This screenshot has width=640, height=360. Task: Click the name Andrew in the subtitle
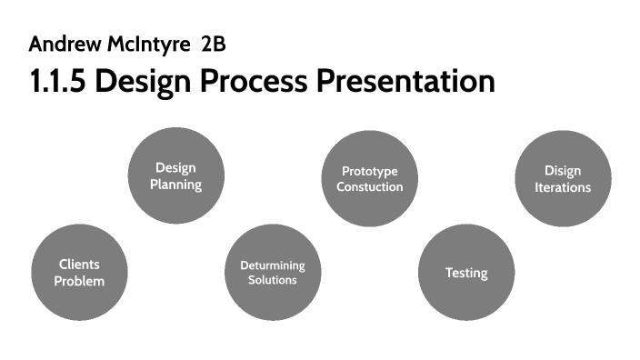click(x=61, y=43)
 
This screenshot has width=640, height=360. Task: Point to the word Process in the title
click(x=254, y=81)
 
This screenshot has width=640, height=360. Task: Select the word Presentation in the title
click(x=405, y=81)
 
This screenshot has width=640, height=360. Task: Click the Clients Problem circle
click(x=79, y=273)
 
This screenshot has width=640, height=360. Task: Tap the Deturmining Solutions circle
click(x=273, y=273)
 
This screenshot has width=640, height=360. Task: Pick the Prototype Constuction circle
click(x=369, y=178)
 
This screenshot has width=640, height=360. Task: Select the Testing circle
click(x=466, y=273)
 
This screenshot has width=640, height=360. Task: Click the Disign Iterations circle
click(x=562, y=178)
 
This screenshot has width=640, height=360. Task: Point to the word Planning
click(x=175, y=185)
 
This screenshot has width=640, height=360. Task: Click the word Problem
click(x=79, y=281)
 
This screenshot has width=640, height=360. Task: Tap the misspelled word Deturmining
click(x=273, y=265)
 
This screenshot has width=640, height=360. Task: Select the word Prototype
click(x=369, y=171)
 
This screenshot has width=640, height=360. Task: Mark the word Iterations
click(x=562, y=187)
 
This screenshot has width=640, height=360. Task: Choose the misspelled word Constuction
click(x=369, y=186)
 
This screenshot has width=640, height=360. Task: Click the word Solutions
click(x=273, y=280)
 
